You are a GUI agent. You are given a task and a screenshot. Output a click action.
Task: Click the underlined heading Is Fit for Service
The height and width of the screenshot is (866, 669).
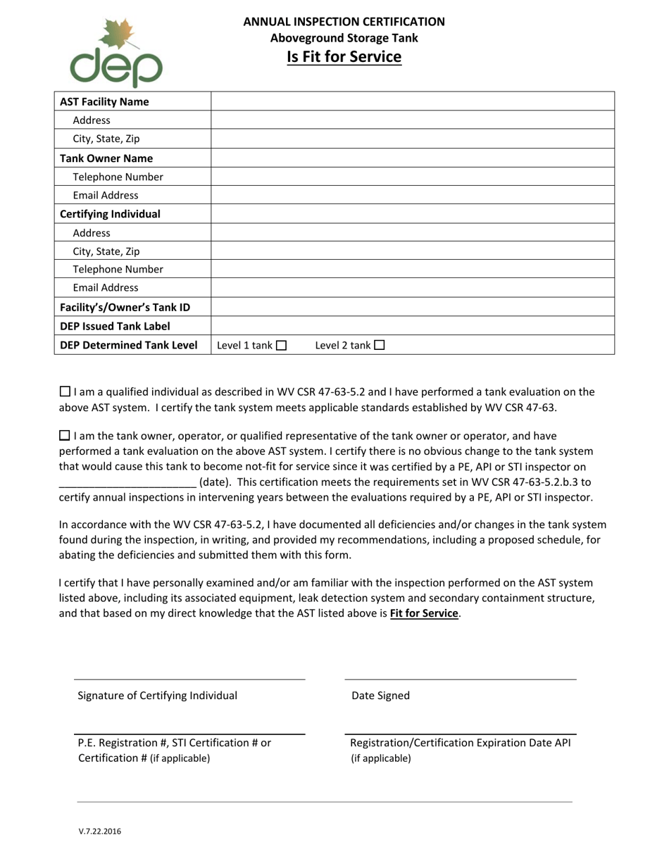344,57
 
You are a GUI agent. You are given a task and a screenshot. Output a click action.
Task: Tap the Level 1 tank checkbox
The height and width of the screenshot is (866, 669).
282,346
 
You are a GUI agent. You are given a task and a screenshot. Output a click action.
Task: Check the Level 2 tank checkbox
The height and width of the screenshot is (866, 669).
380,346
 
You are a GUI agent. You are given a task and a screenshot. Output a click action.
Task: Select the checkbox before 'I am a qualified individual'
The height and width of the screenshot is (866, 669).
65,391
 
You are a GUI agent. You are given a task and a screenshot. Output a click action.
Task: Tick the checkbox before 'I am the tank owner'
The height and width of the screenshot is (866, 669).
65,436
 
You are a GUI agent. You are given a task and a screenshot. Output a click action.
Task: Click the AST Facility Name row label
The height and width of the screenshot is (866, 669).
104,101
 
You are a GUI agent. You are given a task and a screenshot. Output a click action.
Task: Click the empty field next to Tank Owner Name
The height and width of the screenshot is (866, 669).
413,158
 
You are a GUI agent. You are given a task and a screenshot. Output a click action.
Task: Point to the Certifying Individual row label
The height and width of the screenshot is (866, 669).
110,214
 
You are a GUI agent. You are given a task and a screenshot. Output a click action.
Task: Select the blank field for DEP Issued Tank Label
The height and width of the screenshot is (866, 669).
413,326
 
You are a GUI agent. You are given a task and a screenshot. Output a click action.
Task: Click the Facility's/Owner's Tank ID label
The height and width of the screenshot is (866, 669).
125,307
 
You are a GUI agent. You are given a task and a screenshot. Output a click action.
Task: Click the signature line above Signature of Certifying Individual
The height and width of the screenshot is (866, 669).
190,679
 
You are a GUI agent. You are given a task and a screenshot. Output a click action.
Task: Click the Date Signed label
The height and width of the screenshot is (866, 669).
380,696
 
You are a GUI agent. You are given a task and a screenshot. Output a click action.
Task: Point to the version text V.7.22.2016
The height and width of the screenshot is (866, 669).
99,832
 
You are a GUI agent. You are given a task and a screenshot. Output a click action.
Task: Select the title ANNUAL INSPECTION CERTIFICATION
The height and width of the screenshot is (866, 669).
344,22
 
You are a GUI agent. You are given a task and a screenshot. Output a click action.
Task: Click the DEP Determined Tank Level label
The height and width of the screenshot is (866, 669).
129,345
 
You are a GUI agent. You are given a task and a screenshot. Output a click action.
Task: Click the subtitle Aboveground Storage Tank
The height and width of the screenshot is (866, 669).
344,39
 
